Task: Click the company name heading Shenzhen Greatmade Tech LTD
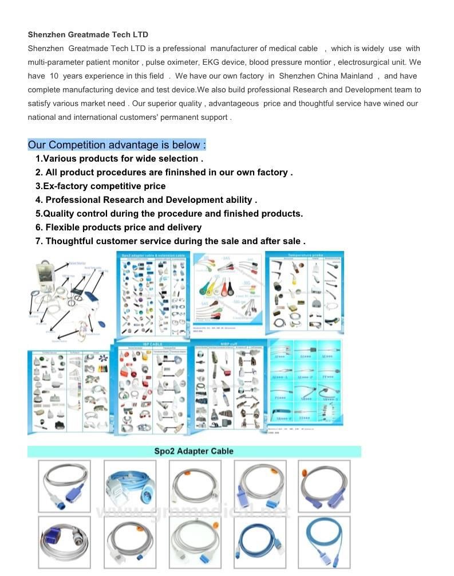coord(88,35)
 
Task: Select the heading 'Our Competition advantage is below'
coord(117,145)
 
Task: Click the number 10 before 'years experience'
coord(54,76)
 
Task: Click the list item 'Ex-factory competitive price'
coord(101,186)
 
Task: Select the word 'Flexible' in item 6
coord(64,228)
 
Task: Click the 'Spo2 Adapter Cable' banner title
coord(194,452)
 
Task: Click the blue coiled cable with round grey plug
coord(130,486)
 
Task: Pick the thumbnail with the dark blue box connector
coord(64,542)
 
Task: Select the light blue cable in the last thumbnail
coord(324,542)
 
